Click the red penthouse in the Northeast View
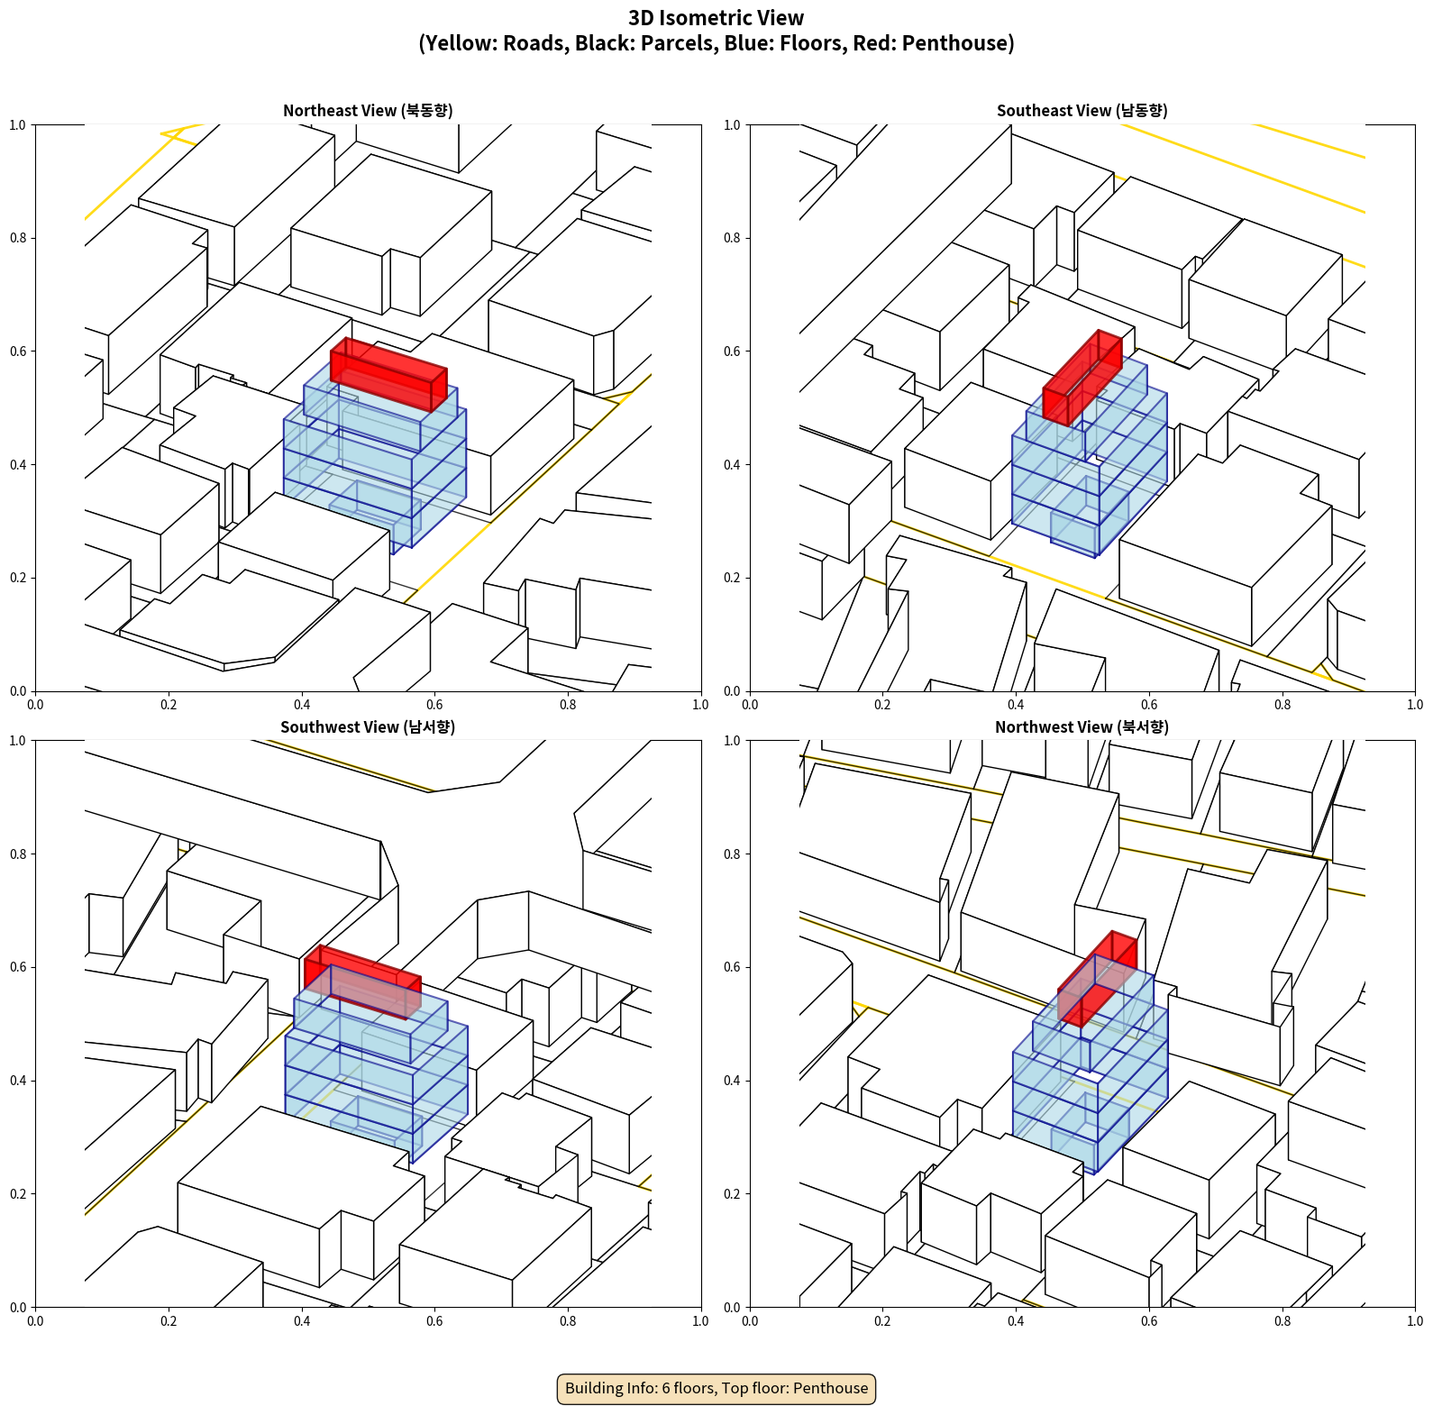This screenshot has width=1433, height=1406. [x=388, y=374]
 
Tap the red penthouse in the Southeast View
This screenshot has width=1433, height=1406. [x=1082, y=378]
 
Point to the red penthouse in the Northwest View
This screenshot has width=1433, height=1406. [x=1098, y=979]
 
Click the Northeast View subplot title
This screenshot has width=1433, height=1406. [x=368, y=111]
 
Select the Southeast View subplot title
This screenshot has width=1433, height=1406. [x=1082, y=111]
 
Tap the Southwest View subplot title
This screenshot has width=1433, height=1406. [x=368, y=727]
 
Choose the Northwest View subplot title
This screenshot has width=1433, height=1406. [x=1082, y=727]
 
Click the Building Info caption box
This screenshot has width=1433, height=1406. [x=716, y=1388]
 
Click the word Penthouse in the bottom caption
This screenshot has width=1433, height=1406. [x=831, y=1388]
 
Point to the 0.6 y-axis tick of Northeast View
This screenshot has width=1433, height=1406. [x=17, y=351]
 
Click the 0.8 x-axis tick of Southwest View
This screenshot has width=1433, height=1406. [x=568, y=1321]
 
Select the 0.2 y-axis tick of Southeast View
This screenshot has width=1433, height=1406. [x=732, y=578]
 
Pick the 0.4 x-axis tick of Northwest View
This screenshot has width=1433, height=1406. [x=1016, y=1321]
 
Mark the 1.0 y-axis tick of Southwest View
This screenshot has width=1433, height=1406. [x=17, y=741]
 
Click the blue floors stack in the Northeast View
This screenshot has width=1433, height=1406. [x=376, y=455]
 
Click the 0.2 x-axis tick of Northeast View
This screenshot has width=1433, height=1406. [x=169, y=705]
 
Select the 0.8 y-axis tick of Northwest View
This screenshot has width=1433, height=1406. [x=732, y=854]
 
